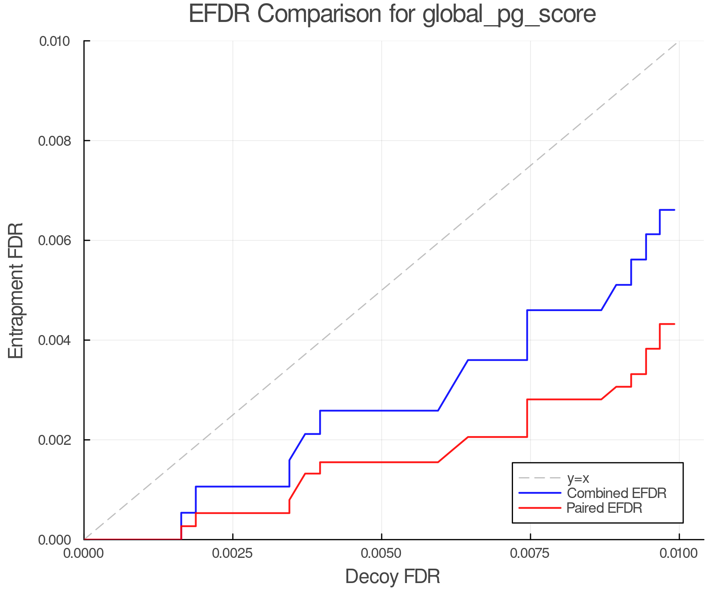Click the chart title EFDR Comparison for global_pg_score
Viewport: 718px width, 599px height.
(x=392, y=14)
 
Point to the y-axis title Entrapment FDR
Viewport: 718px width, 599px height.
(x=16, y=290)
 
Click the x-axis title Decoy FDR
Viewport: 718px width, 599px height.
(x=393, y=577)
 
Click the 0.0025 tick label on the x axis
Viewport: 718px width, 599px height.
(x=233, y=553)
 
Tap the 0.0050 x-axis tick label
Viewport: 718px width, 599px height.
(x=381, y=553)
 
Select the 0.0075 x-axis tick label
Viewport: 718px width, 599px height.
(x=530, y=553)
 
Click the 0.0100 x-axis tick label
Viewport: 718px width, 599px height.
(x=679, y=553)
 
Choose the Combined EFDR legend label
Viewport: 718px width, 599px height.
(x=617, y=493)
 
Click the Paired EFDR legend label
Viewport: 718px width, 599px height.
(x=604, y=508)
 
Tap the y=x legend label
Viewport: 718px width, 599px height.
(x=578, y=478)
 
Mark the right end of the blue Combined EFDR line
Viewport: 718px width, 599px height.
(x=674, y=210)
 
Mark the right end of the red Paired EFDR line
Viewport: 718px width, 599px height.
(x=674, y=324)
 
